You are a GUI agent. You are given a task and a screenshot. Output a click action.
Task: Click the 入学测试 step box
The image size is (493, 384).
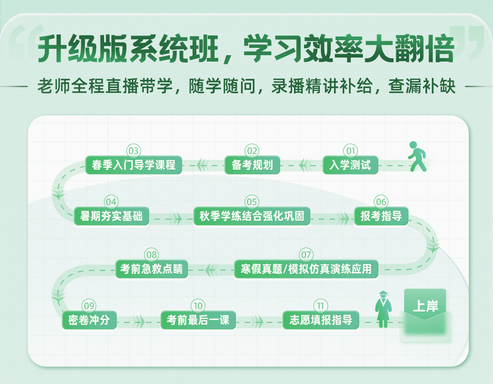tap(350, 165)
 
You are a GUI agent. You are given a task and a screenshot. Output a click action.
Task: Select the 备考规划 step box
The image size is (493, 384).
tap(252, 165)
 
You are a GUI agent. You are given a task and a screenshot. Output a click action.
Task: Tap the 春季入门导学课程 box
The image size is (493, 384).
tap(134, 165)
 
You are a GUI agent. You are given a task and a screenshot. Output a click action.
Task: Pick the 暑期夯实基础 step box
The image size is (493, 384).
tap(111, 216)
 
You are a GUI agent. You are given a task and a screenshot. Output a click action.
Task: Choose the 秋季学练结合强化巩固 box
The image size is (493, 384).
tap(252, 216)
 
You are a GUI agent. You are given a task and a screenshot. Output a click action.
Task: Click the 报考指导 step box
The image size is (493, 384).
tap(381, 216)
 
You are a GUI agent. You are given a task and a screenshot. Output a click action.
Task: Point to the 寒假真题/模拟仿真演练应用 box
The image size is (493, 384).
tap(306, 269)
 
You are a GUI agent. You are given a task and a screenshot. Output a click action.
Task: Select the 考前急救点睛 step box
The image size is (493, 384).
tap(152, 269)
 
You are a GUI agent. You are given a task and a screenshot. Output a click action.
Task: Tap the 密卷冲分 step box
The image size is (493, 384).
tap(89, 320)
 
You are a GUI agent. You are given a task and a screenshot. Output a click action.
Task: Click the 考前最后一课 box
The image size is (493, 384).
tap(198, 320)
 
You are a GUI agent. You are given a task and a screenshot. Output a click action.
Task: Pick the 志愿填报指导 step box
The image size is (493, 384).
tap(321, 320)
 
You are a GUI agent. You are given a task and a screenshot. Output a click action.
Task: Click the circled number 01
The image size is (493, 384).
tap(351, 151)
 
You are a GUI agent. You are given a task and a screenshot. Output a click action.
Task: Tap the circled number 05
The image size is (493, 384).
tap(252, 202)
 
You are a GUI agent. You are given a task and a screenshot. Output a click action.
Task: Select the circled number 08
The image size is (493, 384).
tap(152, 254)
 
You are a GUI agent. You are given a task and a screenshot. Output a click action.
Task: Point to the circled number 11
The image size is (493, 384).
tap(321, 306)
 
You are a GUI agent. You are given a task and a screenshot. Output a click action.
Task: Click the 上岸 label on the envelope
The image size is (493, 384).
tap(425, 306)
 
